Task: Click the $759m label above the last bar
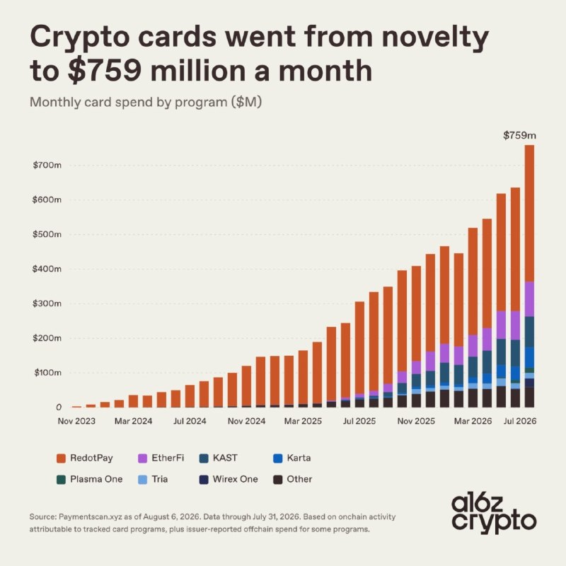pyautogui.click(x=519, y=136)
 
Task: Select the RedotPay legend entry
pyautogui.click(x=85, y=458)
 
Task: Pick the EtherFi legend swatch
pyautogui.click(x=143, y=458)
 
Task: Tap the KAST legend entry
pyautogui.click(x=219, y=458)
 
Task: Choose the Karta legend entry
pyautogui.click(x=292, y=458)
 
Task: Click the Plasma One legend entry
pyautogui.click(x=90, y=480)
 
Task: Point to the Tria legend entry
pyautogui.click(x=153, y=480)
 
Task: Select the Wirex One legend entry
pyautogui.click(x=229, y=480)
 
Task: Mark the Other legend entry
pyautogui.click(x=293, y=480)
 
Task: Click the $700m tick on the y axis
pyautogui.click(x=47, y=166)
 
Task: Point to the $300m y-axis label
pyautogui.click(x=47, y=304)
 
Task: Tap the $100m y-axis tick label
pyautogui.click(x=47, y=373)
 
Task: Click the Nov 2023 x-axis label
pyautogui.click(x=76, y=421)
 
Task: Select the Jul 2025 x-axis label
pyautogui.click(x=359, y=421)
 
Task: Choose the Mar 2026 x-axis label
pyautogui.click(x=473, y=421)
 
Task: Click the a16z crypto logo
pyautogui.click(x=494, y=514)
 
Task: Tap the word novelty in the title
pyautogui.click(x=435, y=37)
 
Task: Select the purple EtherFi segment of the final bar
pyautogui.click(x=529, y=299)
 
